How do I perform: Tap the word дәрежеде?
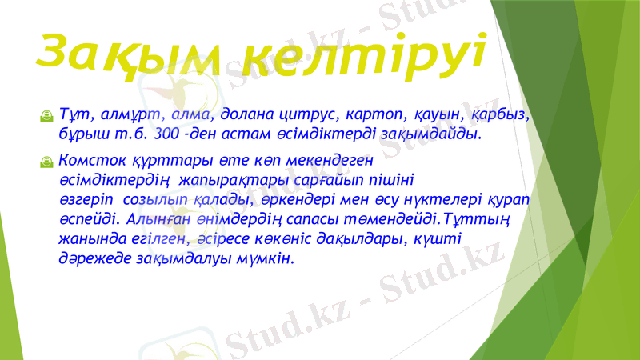[x=85, y=258]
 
